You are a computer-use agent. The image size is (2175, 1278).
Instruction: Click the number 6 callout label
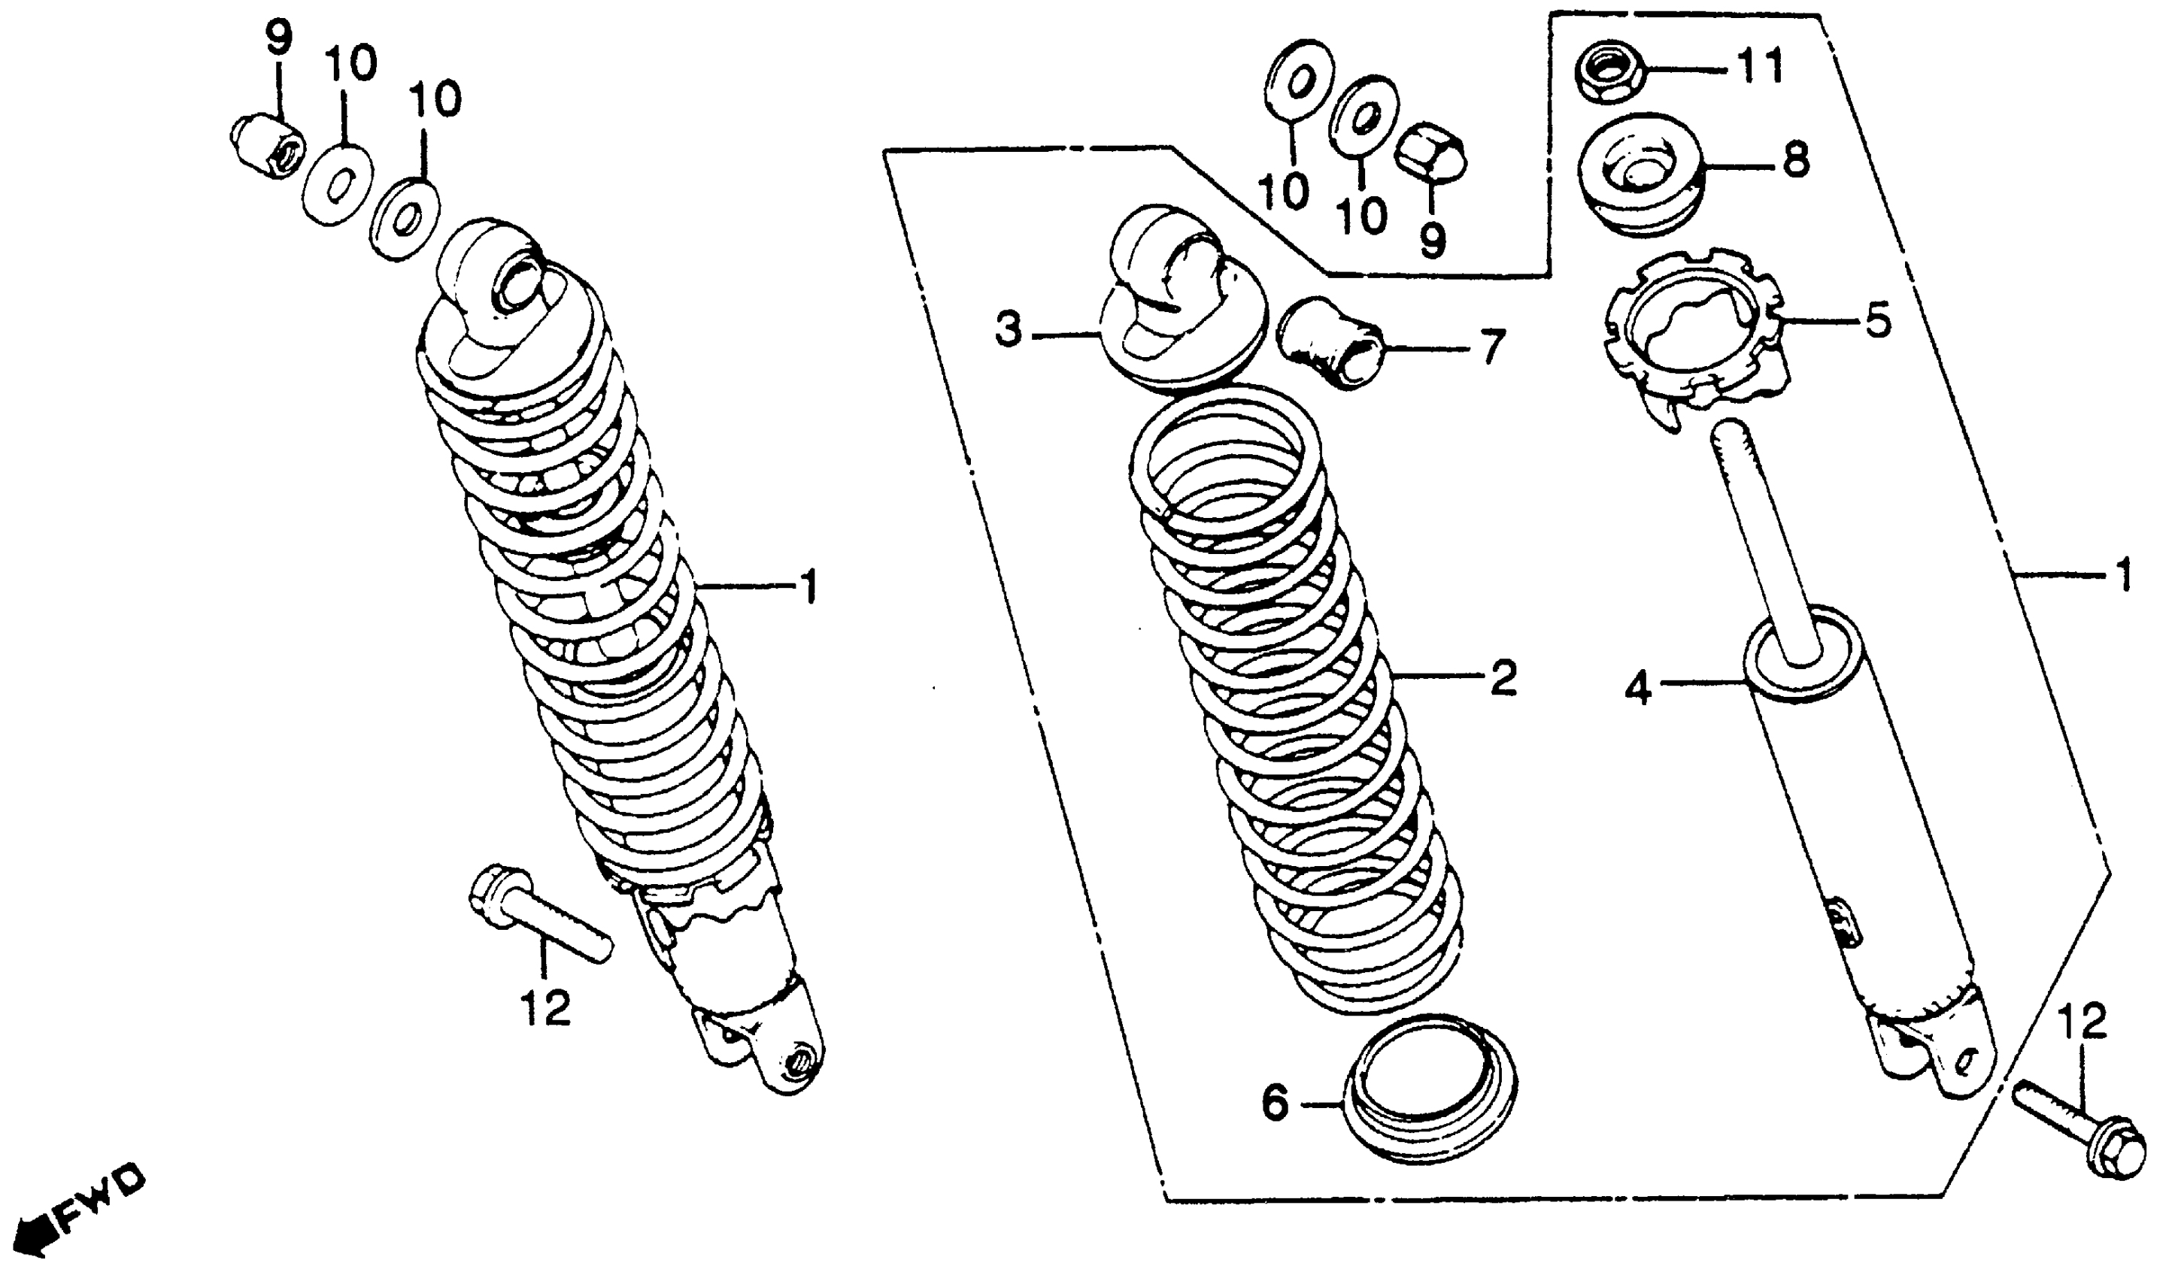click(1276, 1103)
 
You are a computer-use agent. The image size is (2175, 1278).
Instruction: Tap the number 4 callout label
click(1638, 689)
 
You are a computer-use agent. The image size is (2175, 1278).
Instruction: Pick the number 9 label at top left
click(279, 39)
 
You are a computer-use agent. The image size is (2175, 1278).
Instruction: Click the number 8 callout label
click(1796, 159)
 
